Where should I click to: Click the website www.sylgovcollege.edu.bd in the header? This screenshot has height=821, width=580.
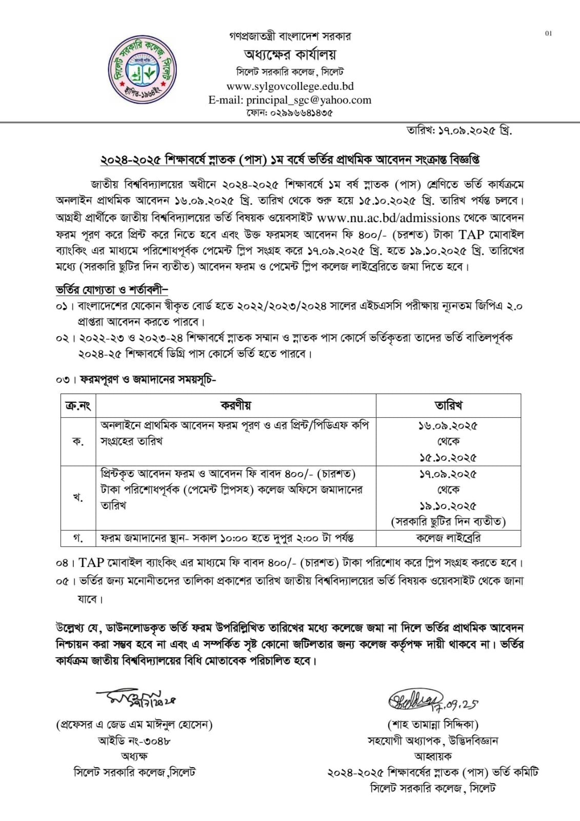coord(290,86)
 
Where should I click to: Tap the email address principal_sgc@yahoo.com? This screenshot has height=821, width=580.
coord(290,100)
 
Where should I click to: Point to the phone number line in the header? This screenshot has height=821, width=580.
coord(290,113)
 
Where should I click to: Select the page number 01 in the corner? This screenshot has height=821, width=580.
coord(548,34)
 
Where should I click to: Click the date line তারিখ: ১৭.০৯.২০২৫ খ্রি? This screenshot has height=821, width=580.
coord(459,130)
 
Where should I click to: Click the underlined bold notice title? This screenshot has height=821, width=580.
coord(290,160)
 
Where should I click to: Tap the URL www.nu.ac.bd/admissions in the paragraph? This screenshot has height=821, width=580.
coord(388,218)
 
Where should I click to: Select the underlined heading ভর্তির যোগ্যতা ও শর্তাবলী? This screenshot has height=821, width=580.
coord(112,290)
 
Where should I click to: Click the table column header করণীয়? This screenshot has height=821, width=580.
coord(236,405)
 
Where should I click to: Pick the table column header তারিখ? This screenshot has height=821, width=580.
coord(448,405)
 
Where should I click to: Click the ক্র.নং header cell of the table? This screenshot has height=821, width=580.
coord(78,405)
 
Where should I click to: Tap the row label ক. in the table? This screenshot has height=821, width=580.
coord(78,441)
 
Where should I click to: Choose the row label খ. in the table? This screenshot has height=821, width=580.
coord(78,497)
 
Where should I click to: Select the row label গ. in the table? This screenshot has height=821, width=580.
coord(78,538)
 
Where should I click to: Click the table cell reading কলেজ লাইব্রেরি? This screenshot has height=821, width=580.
coord(448,538)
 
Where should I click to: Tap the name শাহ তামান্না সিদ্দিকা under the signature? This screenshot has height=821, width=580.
coord(433,725)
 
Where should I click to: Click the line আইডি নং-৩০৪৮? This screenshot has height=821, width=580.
coord(134,740)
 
